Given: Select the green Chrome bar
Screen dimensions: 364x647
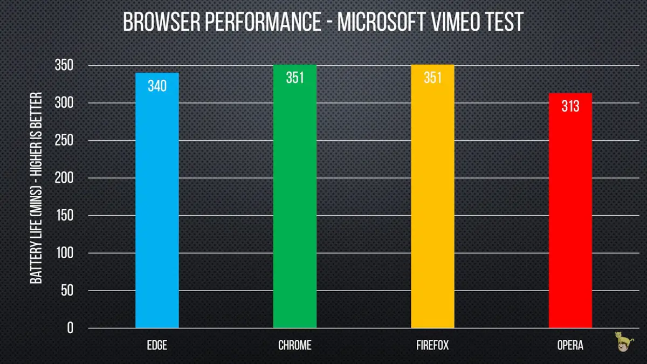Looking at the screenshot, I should (295, 205).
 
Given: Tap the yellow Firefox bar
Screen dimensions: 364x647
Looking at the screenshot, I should (432, 205).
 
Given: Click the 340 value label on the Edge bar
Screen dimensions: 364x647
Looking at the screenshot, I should (157, 86).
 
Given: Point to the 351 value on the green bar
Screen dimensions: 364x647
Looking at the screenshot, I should (295, 78).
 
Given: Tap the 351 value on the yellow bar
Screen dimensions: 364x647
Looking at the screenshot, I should (432, 78).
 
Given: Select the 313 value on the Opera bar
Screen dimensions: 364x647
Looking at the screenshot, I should (570, 106).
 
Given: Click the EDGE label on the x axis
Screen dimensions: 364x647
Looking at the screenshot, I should (157, 345).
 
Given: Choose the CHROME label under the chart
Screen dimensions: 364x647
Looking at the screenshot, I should (295, 345).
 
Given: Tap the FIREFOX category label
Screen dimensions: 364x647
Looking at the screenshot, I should (432, 345).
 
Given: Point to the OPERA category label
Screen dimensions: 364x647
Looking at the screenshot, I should (570, 345).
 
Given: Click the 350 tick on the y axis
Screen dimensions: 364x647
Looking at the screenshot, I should (64, 66).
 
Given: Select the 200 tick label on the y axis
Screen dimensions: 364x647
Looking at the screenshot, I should (64, 178).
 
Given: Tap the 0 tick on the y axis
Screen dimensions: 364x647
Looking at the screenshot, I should (70, 328).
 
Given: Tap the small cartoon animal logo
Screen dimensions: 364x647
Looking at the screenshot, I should (625, 341).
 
